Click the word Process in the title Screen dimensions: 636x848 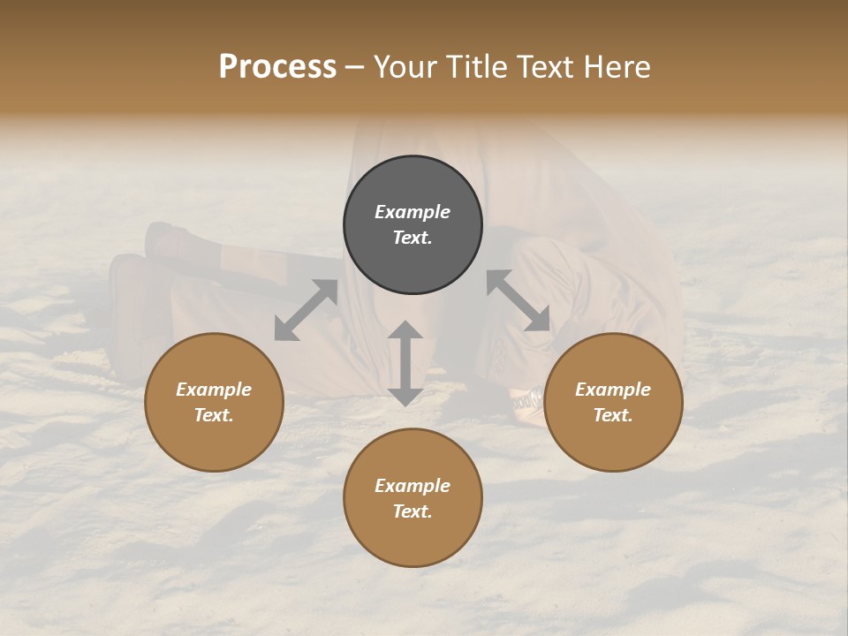tap(277, 67)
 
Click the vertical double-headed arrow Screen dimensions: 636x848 tap(405, 363)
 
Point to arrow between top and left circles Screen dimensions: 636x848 tap(306, 310)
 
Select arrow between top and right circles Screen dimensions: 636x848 tap(518, 300)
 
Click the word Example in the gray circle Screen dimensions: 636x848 tap(413, 212)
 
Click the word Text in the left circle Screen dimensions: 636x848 tap(214, 415)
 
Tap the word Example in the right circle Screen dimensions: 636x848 tap(613, 390)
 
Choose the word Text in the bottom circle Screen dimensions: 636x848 tap(413, 511)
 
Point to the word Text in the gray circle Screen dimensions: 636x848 tap(413, 238)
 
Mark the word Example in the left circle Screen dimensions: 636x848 tap(214, 390)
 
